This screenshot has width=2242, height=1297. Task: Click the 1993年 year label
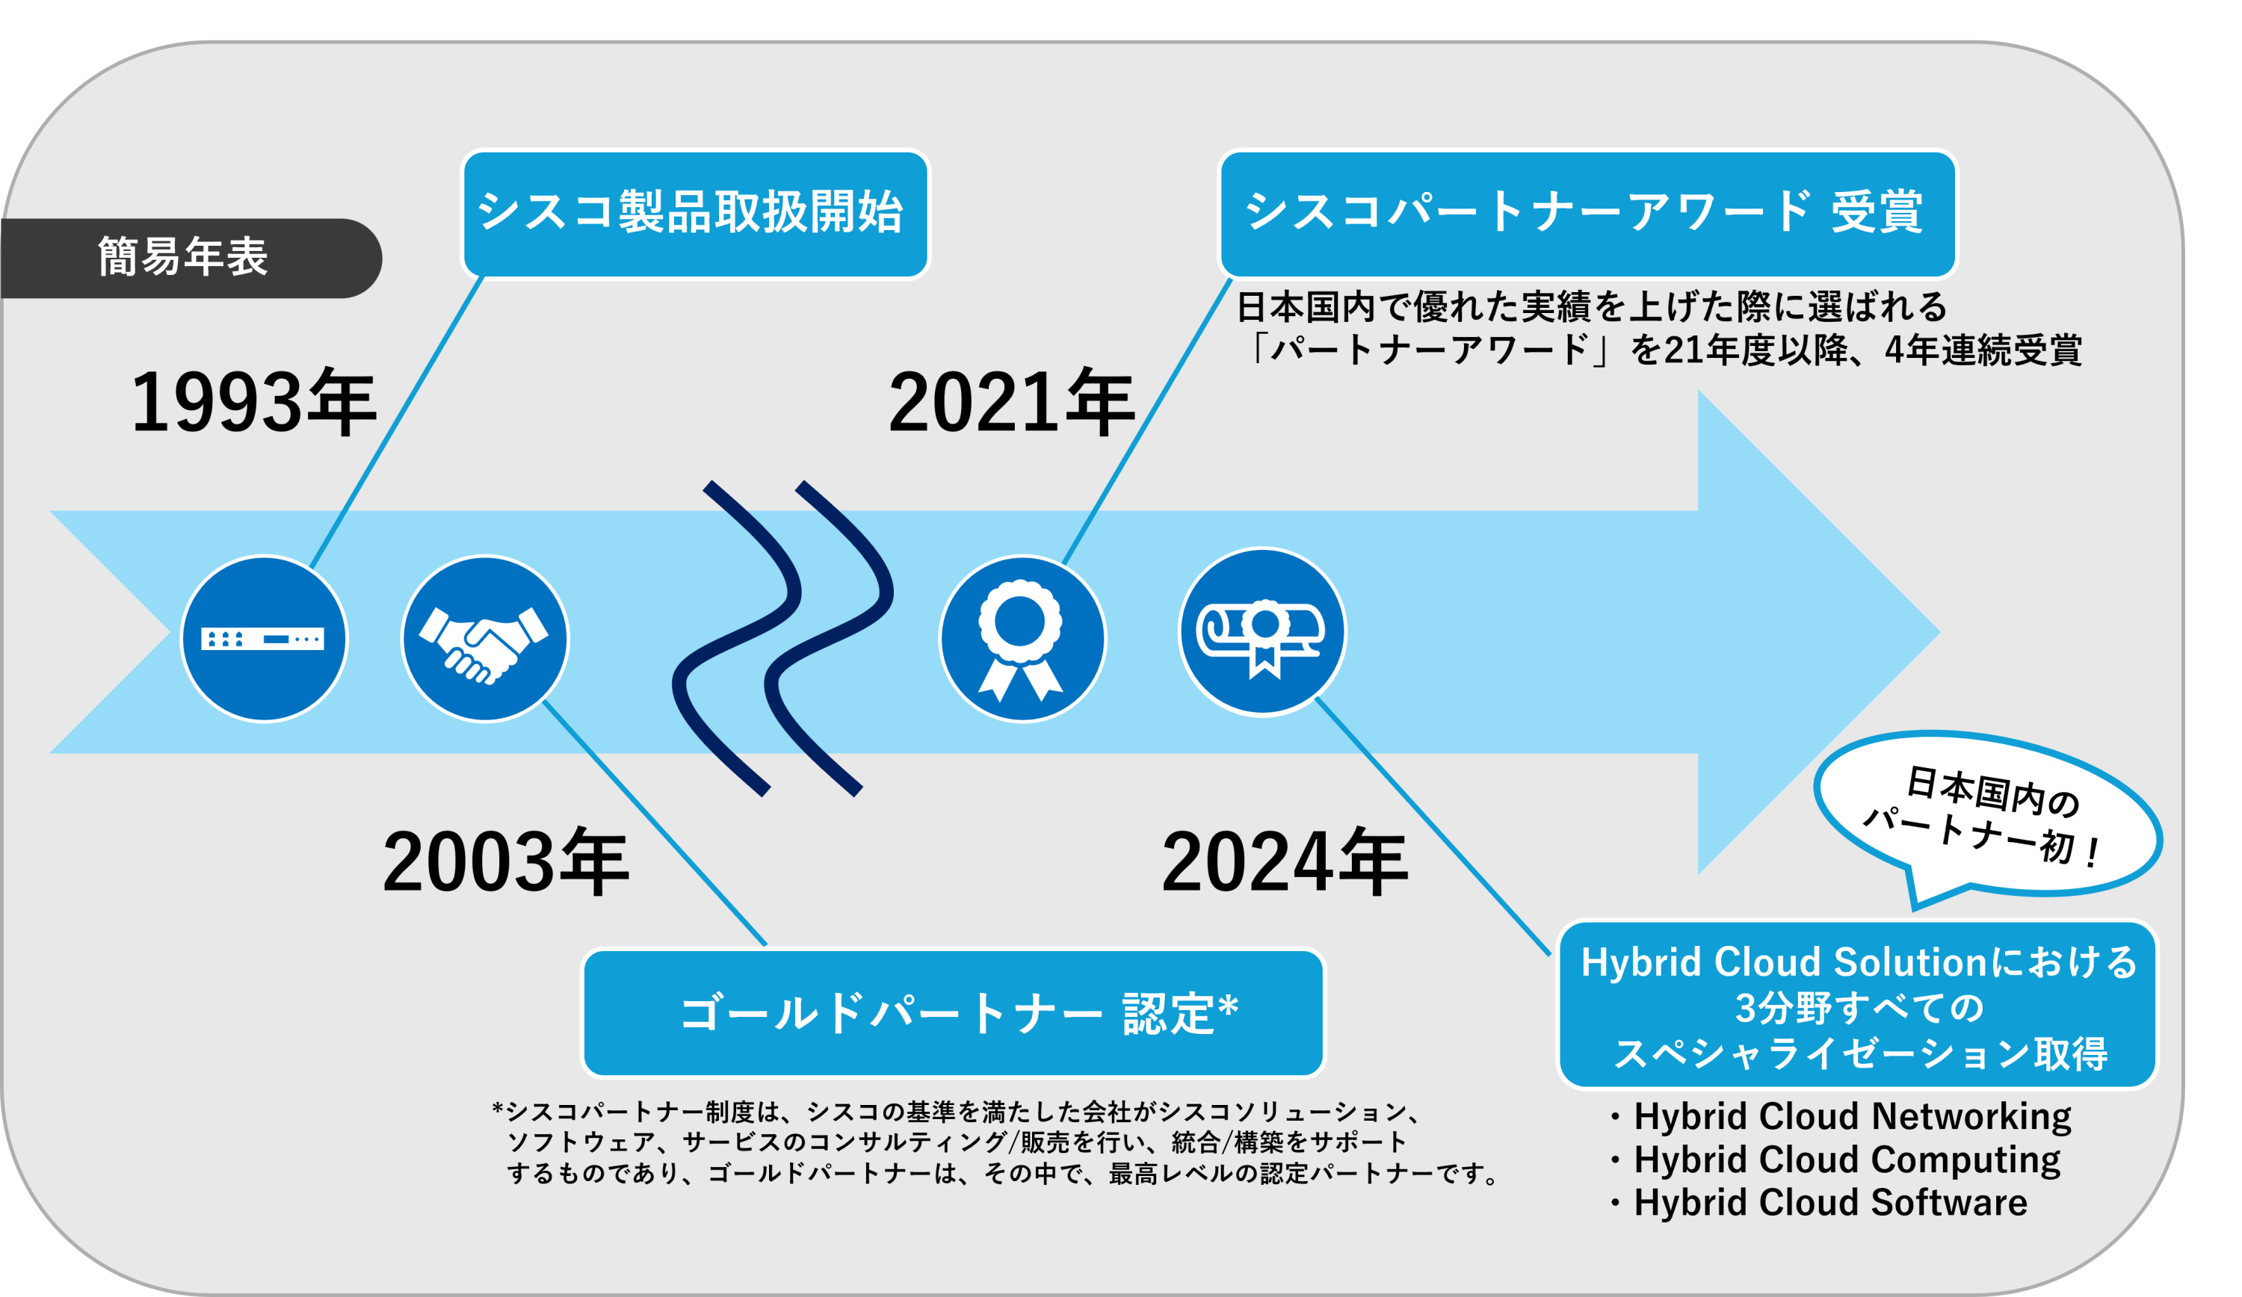pos(253,403)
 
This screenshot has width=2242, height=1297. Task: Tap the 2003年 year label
pos(505,862)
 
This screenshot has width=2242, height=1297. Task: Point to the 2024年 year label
pos(1284,862)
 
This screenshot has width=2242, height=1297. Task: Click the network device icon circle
pos(265,639)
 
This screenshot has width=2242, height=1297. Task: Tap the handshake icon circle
pos(484,639)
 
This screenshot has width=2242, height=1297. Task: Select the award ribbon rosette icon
pos(1022,639)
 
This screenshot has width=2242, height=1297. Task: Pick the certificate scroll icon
pos(1261,631)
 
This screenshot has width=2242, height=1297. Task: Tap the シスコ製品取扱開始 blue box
pos(695,214)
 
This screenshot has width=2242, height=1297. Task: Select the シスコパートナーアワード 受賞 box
pos(1587,214)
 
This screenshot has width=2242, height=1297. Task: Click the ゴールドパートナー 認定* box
pos(953,1013)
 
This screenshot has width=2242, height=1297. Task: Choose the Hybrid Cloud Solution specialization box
pos(1858,1005)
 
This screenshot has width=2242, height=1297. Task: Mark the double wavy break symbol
pos(783,639)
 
